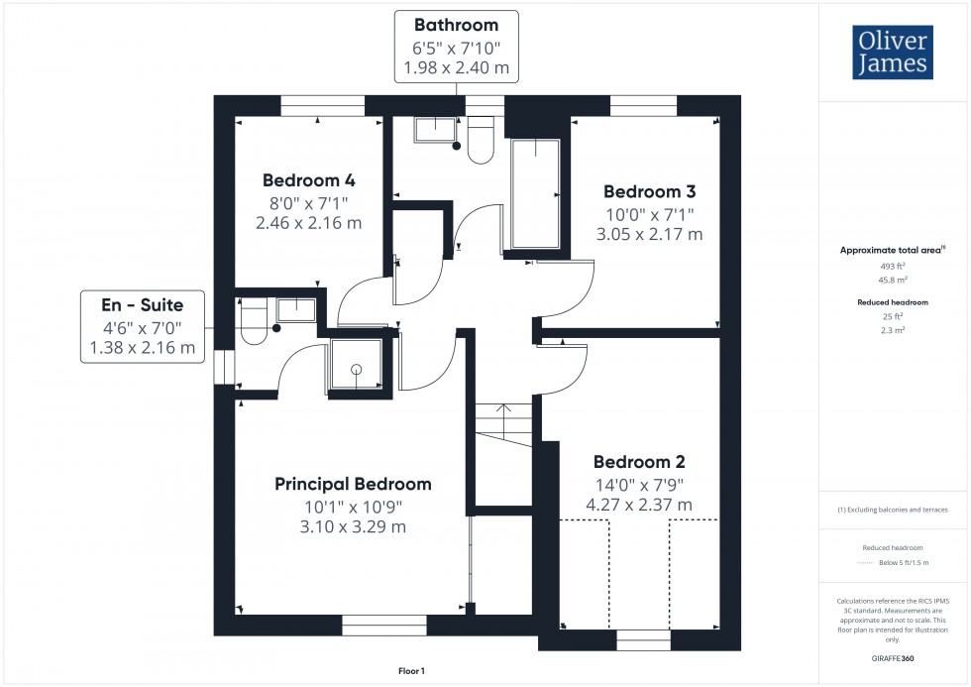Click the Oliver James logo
[894, 54]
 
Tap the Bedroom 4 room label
[308, 180]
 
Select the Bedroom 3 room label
[649, 191]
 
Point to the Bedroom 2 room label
[639, 462]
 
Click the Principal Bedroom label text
[353, 485]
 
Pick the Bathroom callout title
[456, 25]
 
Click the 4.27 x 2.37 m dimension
[639, 506]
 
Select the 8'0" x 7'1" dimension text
[308, 202]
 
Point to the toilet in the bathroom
[481, 141]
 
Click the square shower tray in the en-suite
[353, 366]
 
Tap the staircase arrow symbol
[503, 409]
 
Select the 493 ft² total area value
[895, 267]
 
